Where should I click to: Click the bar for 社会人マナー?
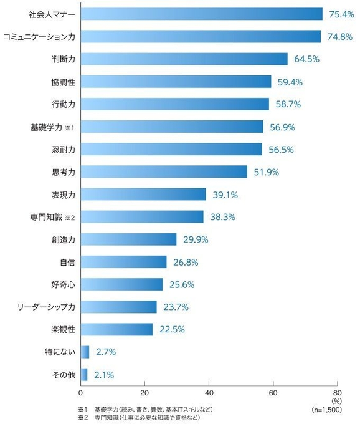[x=201, y=14]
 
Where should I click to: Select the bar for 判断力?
[x=184, y=59]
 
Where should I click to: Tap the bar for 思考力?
[x=164, y=171]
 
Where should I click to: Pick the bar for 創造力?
[x=128, y=239]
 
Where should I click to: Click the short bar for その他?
[x=84, y=375]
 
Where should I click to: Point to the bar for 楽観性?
[x=116, y=329]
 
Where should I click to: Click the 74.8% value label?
[x=339, y=37]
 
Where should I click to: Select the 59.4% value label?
[x=290, y=82]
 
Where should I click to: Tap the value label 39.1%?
[x=225, y=195]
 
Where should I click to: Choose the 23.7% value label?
[x=176, y=307]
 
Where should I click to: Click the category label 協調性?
[x=63, y=82]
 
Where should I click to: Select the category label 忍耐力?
[x=63, y=150]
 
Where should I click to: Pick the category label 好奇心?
[x=63, y=284]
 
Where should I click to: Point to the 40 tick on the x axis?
[x=209, y=393]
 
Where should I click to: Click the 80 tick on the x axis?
[x=336, y=393]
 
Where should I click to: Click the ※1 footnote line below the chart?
[x=146, y=409]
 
